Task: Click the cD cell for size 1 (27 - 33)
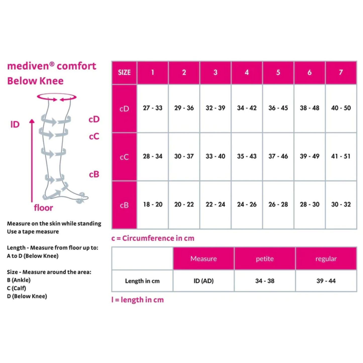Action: tap(152, 108)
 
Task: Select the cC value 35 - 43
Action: tap(247, 156)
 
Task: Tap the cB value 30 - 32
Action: tap(341, 204)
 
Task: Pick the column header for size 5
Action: tap(278, 73)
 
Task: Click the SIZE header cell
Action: tap(124, 73)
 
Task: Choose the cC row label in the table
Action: tap(124, 157)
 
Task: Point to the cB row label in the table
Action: tap(124, 205)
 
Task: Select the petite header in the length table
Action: tap(265, 259)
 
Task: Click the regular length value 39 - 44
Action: tap(326, 281)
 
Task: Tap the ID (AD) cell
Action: tap(203, 281)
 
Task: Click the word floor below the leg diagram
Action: tap(43, 208)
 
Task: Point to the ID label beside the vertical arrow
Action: tap(15, 124)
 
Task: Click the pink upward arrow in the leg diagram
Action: tap(32, 161)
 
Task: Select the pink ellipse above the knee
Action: tap(57, 97)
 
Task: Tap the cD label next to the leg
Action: tap(94, 119)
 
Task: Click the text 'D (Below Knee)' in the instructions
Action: tap(27, 296)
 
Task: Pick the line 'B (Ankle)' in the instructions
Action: tap(19, 280)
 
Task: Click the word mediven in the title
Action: tap(28, 66)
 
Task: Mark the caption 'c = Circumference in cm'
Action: tap(153, 238)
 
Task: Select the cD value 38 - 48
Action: tap(309, 108)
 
